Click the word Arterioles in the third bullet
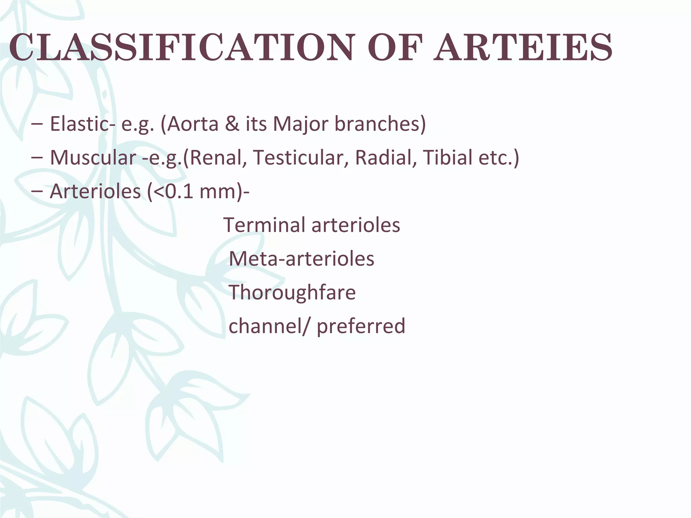[95, 191]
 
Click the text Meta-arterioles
[302, 259]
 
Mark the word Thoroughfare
[292, 292]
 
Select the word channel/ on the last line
[269, 326]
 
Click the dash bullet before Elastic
[36, 124]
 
